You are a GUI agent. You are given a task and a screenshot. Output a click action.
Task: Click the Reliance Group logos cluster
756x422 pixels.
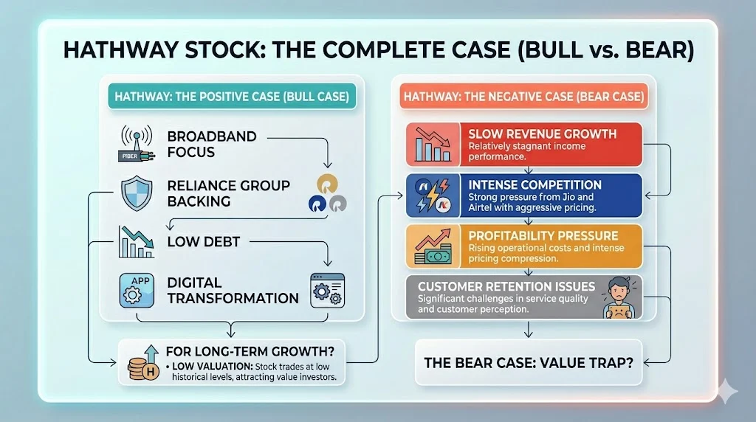coord(328,194)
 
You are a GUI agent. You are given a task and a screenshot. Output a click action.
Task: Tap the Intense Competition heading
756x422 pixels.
coord(535,184)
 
